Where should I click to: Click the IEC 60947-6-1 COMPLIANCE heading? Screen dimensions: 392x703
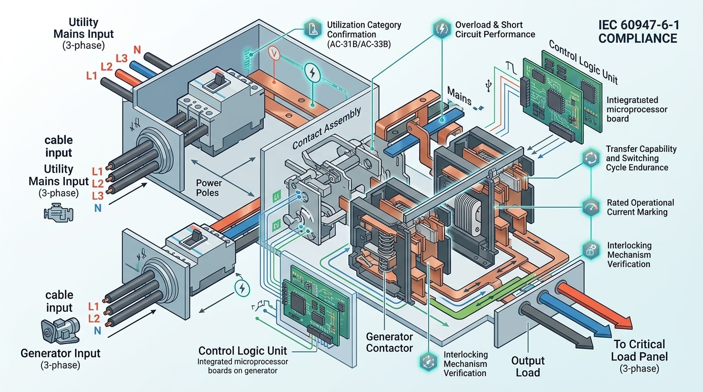coord(638,32)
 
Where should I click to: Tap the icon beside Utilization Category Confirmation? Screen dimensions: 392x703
coord(311,29)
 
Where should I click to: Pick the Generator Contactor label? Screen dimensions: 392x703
coord(389,342)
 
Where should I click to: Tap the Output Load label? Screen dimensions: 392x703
coord(528,366)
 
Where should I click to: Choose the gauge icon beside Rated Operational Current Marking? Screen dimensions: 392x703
coord(590,207)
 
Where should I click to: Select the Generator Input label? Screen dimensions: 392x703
coord(60,353)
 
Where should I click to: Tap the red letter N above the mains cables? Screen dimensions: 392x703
coord(137,50)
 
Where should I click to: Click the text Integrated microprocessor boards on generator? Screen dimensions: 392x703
coord(243,366)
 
